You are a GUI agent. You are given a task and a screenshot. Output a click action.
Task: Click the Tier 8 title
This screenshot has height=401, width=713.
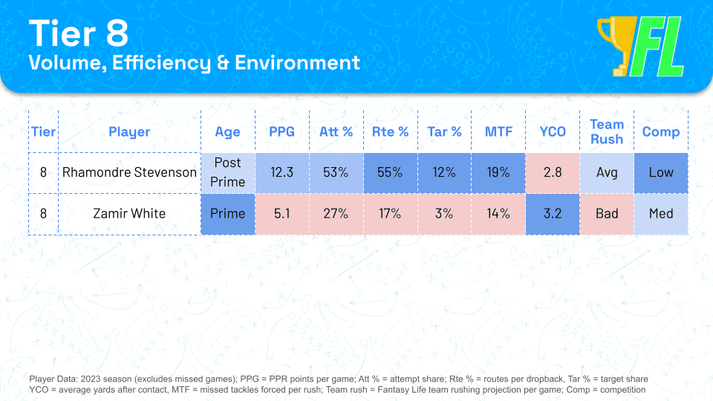79,33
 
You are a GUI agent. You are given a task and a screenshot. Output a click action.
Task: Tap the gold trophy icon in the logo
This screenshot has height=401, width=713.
616,45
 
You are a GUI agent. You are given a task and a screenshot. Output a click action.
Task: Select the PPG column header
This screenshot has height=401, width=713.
282,132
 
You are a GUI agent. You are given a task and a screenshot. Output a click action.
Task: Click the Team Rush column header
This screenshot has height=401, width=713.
607,132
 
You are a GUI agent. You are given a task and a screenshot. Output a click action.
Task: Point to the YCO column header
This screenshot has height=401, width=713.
553,132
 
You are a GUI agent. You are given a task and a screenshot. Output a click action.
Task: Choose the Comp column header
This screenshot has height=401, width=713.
661,132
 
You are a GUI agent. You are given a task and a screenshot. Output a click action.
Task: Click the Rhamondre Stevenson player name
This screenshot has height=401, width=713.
129,172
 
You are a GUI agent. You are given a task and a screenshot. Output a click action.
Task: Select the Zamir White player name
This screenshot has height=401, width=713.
129,213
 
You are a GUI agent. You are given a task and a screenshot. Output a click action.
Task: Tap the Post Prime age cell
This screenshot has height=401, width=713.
228,172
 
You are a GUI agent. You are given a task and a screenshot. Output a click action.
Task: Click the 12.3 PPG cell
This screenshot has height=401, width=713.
282,172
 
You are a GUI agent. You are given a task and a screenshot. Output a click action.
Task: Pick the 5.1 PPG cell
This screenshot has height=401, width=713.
282,214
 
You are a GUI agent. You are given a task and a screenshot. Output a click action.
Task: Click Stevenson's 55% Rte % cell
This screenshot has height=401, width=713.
390,172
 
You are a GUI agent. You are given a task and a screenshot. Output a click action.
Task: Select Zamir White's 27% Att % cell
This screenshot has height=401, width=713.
336,214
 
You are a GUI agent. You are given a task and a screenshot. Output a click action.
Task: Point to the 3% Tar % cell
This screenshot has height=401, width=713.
444,214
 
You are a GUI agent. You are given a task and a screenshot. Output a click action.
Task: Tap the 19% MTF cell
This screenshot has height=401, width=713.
498,172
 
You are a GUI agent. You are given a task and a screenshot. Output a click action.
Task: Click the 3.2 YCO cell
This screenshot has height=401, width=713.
553,214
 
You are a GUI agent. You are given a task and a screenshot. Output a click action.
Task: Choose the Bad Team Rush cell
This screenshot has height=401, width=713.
607,214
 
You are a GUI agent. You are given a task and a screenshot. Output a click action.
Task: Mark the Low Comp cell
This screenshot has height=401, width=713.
661,172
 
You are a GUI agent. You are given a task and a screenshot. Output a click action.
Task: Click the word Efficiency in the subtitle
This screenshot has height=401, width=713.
161,63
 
